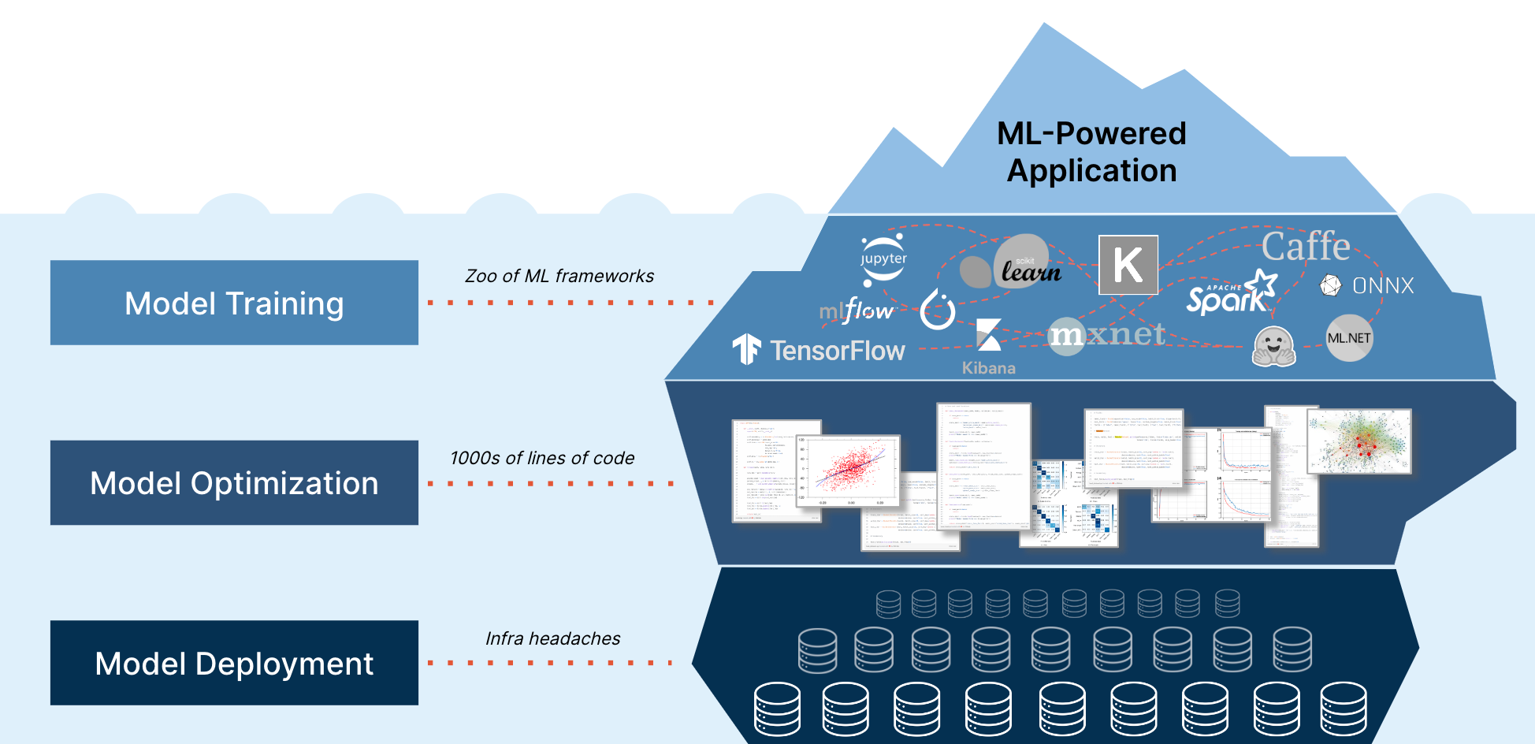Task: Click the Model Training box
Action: [234, 303]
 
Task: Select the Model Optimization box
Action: [234, 482]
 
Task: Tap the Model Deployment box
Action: [234, 663]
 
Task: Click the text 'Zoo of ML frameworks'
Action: [559, 276]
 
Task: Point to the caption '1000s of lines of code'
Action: [542, 458]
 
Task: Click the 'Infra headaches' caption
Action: [552, 638]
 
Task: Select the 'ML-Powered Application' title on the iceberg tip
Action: [1091, 152]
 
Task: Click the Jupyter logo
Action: [883, 259]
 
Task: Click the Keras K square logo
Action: [1128, 265]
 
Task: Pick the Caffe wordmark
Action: [1306, 247]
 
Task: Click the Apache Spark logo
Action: [1231, 294]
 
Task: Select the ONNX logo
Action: [1367, 285]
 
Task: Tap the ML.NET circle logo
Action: [1349, 338]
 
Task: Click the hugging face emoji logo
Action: [1273, 347]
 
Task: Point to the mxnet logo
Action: [1106, 335]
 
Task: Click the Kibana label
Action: [988, 367]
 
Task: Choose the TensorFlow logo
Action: [820, 350]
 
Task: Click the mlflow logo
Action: [856, 311]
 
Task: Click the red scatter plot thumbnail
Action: [849, 471]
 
